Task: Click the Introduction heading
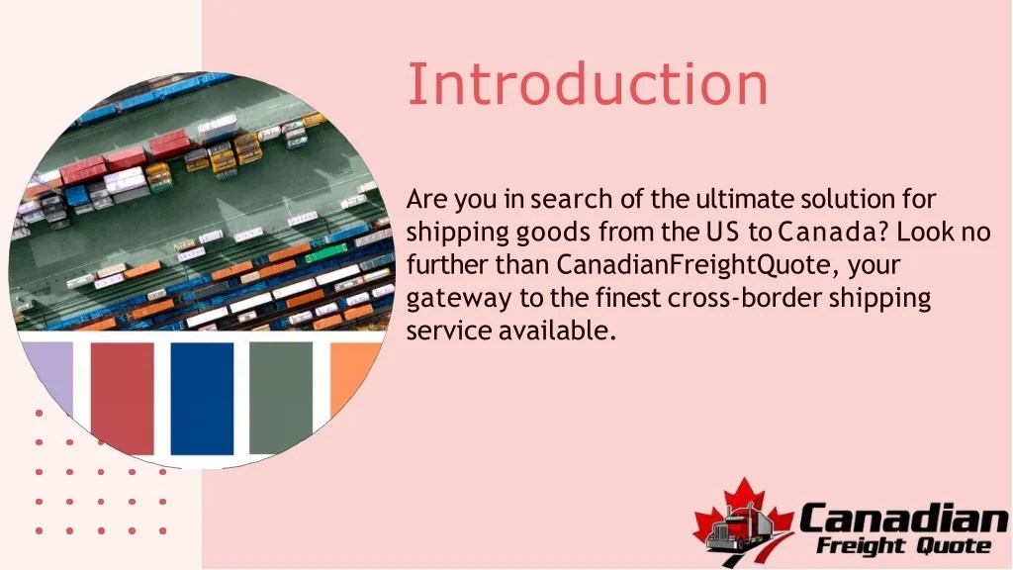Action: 588,84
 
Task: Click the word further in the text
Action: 440,265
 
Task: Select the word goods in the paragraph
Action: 553,234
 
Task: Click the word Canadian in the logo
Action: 902,518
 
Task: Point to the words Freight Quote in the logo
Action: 903,545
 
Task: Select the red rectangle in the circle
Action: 122,396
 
